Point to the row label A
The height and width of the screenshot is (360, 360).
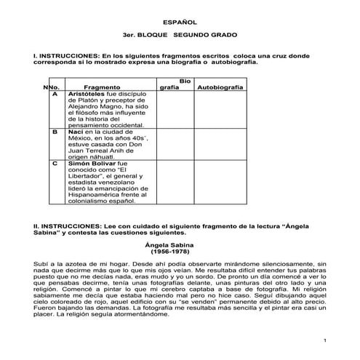[55, 95]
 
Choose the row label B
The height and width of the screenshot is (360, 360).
[55, 132]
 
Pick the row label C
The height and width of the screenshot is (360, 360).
[55, 164]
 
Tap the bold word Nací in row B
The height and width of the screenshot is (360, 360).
[76, 132]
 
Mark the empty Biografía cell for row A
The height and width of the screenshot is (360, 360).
[175, 109]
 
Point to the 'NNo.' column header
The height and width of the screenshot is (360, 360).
[51, 87]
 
